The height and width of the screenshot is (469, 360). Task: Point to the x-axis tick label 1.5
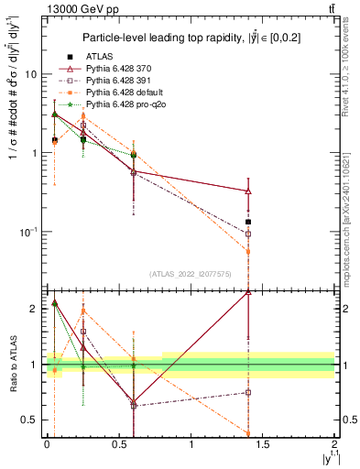pyautogui.click(x=263, y=446)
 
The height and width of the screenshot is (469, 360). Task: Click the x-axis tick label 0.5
pyautogui.click(x=119, y=446)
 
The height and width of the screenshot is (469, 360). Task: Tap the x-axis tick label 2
pyautogui.click(x=334, y=446)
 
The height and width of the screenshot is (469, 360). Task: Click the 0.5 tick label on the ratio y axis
pyautogui.click(x=28, y=420)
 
